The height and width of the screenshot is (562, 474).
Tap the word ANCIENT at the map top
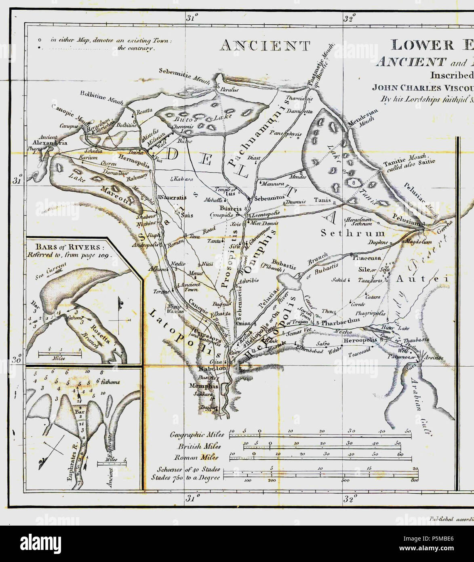coord(264,46)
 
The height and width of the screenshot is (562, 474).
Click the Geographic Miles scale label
coord(197,435)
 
